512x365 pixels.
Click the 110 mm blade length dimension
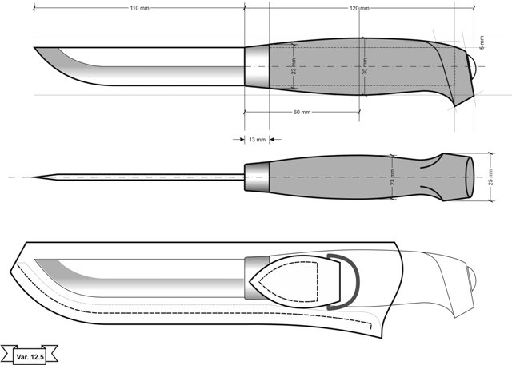[139, 8]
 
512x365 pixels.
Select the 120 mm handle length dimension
[359, 8]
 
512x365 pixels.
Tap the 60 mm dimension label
[302, 112]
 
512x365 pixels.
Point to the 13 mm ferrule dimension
[258, 140]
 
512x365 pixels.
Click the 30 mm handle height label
[365, 66]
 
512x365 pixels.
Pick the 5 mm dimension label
[482, 42]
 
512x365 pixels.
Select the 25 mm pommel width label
[490, 177]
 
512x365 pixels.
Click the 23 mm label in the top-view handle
[393, 177]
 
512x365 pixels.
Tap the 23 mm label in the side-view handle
[294, 66]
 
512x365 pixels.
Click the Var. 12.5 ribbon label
[30, 356]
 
